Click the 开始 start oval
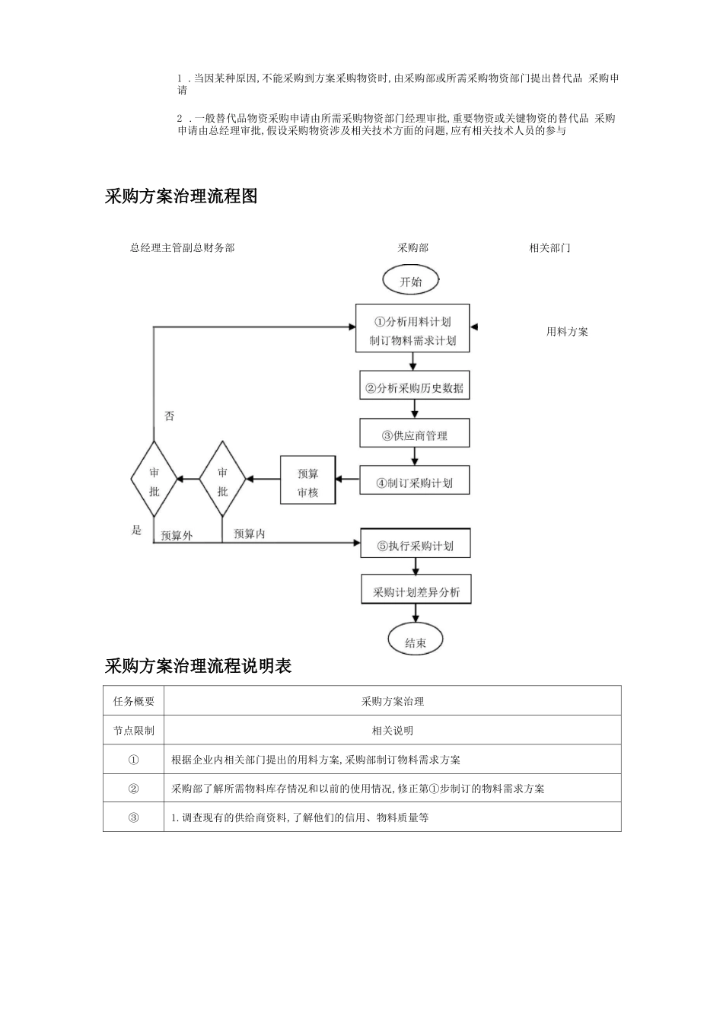tap(411, 280)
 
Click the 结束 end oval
tap(415, 641)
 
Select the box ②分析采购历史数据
tap(415, 387)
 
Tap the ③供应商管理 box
tap(415, 435)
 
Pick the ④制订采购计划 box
tap(415, 482)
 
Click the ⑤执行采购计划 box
tap(416, 545)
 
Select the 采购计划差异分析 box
tap(416, 591)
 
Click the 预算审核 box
tap(308, 482)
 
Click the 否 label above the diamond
tap(169, 416)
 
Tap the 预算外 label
tap(177, 535)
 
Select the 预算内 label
tap(250, 534)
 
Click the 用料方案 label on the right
tap(567, 331)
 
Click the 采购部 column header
tap(412, 247)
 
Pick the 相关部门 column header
tap(549, 247)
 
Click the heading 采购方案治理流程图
tap(181, 196)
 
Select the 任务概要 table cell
tap(134, 701)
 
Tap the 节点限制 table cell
tap(134, 730)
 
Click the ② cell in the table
tap(134, 789)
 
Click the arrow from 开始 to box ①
tap(412, 299)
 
